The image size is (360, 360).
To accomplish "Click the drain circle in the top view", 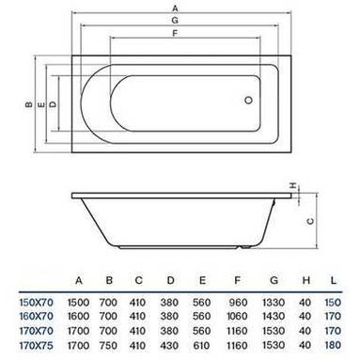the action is coord(248,101).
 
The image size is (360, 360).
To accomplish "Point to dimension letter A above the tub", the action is coord(175,8).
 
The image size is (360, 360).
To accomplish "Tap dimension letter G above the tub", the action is coord(175,21).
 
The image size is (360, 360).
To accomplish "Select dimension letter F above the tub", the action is coord(175,33).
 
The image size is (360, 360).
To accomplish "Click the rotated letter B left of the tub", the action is coord(28,104).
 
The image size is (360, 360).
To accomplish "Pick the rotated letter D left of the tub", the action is coord(54,104).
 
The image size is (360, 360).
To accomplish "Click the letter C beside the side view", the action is coord(310,221).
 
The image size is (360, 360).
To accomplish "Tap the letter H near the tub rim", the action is coord(293,185).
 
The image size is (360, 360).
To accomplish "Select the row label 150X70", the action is coord(37,303).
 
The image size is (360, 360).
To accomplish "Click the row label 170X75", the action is coord(37,346).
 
